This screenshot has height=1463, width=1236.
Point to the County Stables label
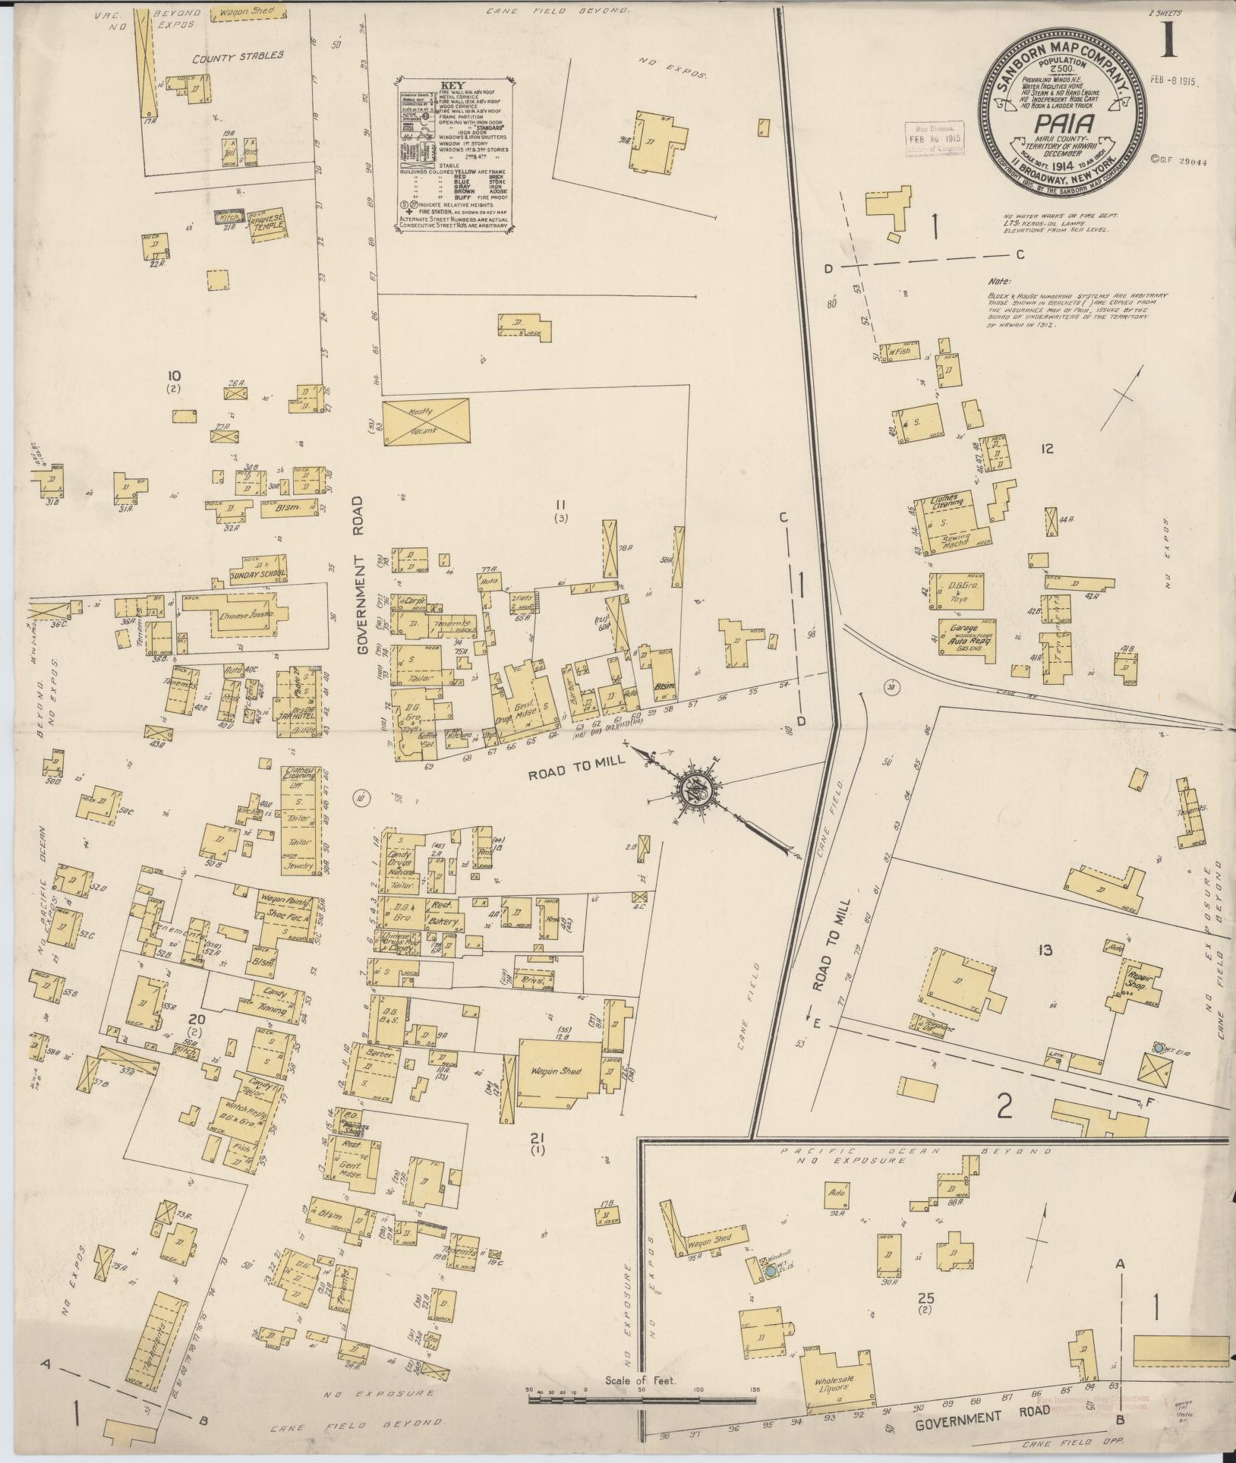tap(237, 55)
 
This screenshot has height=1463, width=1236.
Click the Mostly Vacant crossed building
tap(425, 419)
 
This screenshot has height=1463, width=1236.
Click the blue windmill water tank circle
tap(771, 1269)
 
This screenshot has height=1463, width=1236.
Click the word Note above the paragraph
tap(1000, 280)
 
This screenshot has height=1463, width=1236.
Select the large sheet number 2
tap(1005, 1108)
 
